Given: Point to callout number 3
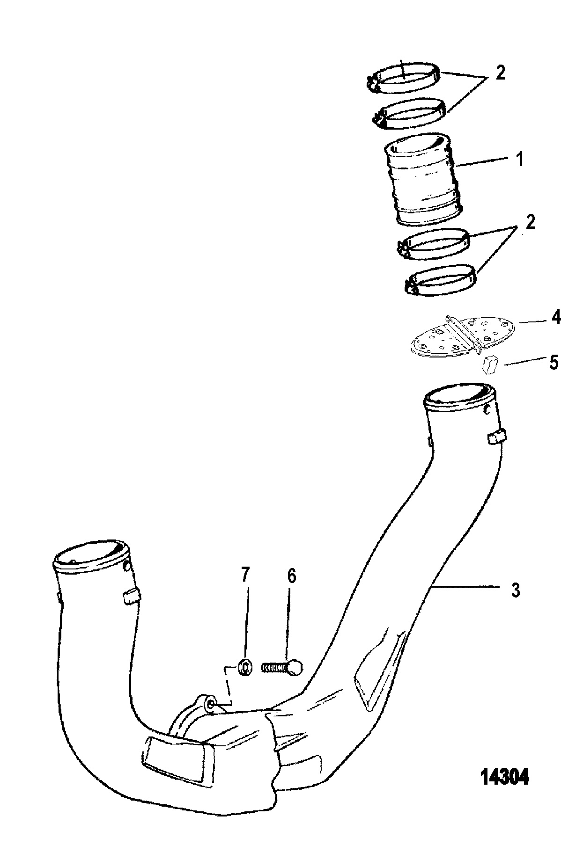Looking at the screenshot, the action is click(x=515, y=590).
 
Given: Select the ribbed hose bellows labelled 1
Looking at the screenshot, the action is click(x=423, y=180).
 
